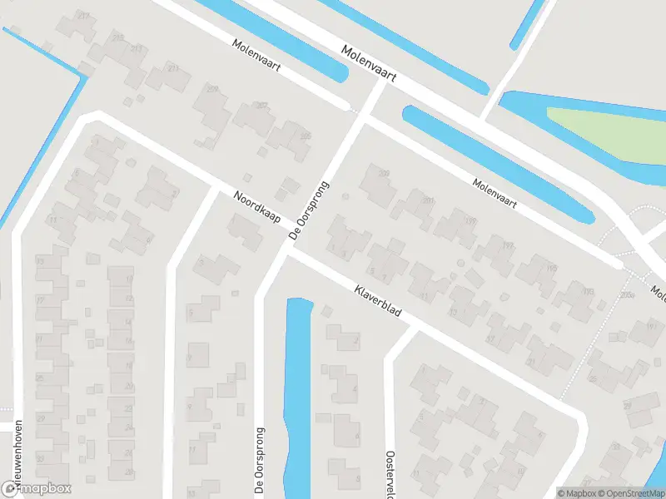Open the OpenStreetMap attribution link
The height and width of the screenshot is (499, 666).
coord(632,493)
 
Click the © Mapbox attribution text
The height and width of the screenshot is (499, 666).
coord(576,493)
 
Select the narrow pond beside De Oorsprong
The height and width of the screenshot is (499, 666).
coord(297,391)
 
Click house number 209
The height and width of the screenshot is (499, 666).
coord(212,89)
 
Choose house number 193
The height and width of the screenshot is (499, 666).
coord(589,290)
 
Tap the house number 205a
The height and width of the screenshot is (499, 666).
coord(626,294)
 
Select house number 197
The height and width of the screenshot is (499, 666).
coord(508,245)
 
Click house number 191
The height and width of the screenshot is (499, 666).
coord(652,326)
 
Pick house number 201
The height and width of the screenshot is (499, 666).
coord(428,200)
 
